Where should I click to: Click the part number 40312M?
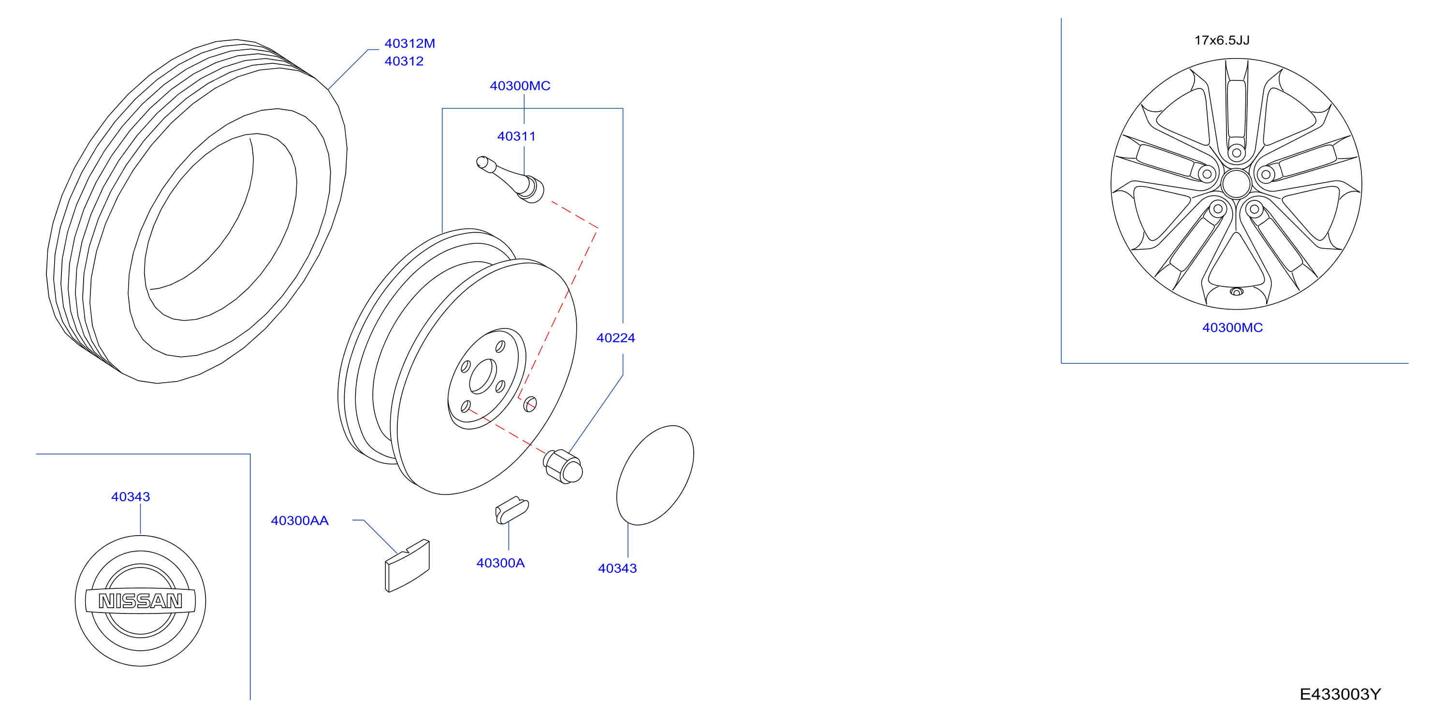click(x=409, y=43)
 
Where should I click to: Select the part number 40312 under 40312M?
click(x=404, y=61)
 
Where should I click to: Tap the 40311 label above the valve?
click(x=516, y=136)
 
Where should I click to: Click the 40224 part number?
click(x=615, y=338)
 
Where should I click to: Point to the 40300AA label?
click(x=300, y=521)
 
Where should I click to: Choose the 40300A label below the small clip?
click(x=500, y=563)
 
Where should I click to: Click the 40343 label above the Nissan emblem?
click(x=130, y=497)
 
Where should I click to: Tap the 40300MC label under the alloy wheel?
click(x=1232, y=328)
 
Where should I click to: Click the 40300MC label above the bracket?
click(x=520, y=86)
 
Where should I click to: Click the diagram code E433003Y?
click(x=1340, y=694)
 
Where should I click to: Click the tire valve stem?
click(x=510, y=179)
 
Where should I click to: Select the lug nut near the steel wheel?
click(x=563, y=466)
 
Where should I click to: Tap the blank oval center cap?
click(x=655, y=476)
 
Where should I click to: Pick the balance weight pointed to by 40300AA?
click(x=407, y=566)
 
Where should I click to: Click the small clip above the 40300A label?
click(x=511, y=510)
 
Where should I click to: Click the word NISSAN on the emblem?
click(x=140, y=601)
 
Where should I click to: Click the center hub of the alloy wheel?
click(x=1236, y=183)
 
